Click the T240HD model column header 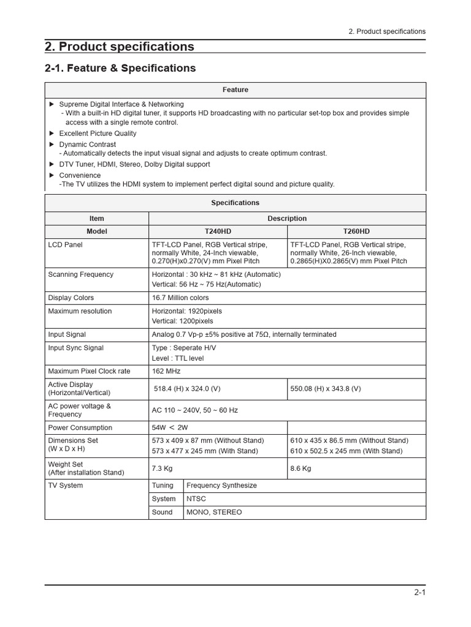(x=218, y=231)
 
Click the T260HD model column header (x=356, y=231)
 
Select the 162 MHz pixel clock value (x=166, y=371)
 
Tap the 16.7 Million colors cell (x=180, y=298)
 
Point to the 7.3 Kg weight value (x=163, y=468)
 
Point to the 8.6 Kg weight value (x=301, y=468)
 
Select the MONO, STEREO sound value (x=214, y=512)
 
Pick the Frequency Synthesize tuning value (x=221, y=485)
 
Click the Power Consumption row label (x=80, y=427)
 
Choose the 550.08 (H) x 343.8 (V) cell (x=326, y=389)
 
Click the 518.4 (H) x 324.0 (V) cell (x=187, y=389)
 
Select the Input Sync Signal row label (x=75, y=348)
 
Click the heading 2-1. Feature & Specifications (x=120, y=68)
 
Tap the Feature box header (x=235, y=89)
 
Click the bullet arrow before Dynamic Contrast (x=52, y=144)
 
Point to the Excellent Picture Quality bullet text (x=98, y=133)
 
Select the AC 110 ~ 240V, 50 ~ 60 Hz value (x=194, y=410)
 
